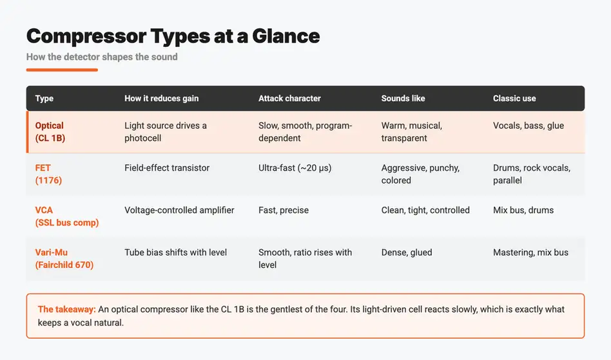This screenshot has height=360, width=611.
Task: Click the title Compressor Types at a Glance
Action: pos(173,36)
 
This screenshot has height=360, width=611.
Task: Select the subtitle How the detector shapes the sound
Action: pos(102,57)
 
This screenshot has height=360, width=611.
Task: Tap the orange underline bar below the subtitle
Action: pos(62,70)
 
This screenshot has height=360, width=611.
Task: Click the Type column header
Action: pos(44,99)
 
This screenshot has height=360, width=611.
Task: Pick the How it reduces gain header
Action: pos(161,99)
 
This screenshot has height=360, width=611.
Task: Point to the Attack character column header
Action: pos(289,99)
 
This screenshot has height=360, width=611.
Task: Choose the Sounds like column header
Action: pos(403,99)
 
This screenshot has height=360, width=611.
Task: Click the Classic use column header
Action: pos(514,99)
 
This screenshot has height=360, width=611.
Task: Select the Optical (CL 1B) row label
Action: pos(50,132)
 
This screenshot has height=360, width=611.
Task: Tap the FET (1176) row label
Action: pos(48,174)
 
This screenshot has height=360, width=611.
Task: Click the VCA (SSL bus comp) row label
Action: pos(66,216)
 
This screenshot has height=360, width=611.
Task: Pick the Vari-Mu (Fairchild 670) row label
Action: pos(64,258)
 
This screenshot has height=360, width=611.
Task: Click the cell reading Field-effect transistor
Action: pos(167,167)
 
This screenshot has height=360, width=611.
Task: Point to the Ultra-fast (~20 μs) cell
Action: pos(295,167)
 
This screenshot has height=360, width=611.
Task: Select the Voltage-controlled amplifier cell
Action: pos(179,210)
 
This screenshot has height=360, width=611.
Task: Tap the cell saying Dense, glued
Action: pos(407,252)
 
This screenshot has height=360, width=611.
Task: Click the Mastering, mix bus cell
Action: pos(530,252)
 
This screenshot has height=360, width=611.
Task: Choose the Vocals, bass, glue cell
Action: pos(529,126)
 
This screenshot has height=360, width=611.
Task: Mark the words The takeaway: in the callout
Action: pos(66,309)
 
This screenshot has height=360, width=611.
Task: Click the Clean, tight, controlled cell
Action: pos(425,210)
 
